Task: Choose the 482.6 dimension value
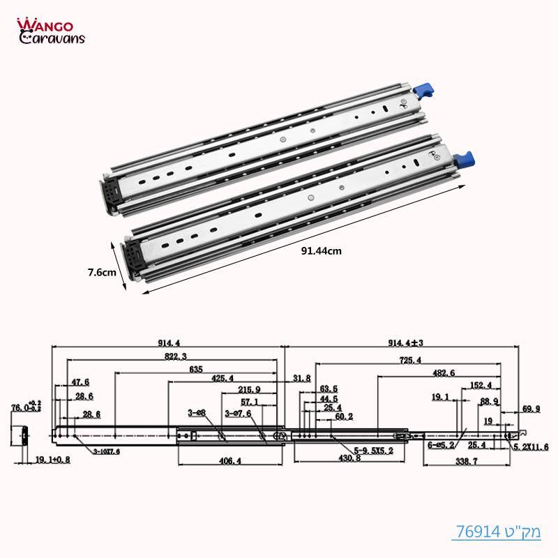click(x=443, y=373)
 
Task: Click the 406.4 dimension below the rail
click(x=229, y=461)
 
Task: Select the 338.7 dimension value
click(x=464, y=461)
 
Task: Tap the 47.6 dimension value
click(x=81, y=382)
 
